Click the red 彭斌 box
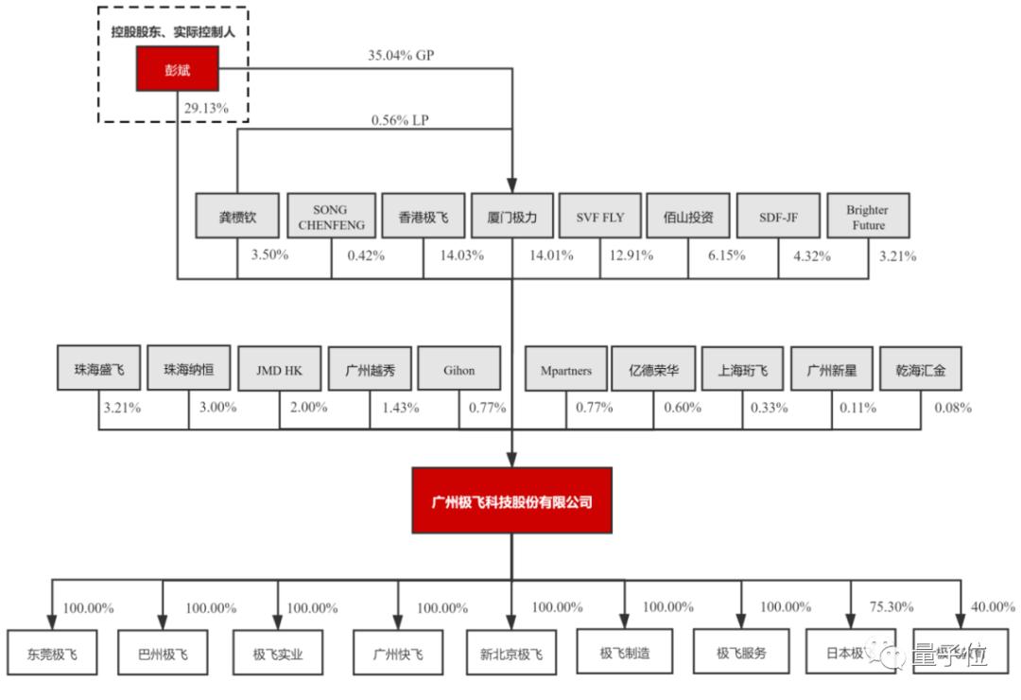point(178,69)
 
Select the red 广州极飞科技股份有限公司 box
point(511,501)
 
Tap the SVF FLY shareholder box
point(600,217)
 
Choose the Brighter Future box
point(867,217)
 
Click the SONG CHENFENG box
point(330,217)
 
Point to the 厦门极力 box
point(510,217)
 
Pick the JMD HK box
point(279,370)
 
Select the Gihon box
point(459,370)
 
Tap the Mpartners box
point(565,370)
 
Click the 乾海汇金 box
point(921,370)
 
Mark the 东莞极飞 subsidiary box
point(52,653)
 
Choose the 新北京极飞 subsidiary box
point(510,653)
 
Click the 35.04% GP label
point(401,55)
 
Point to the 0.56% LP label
point(400,119)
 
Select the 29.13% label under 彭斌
point(207,108)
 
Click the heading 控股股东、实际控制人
point(173,31)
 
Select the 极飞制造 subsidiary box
point(625,652)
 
